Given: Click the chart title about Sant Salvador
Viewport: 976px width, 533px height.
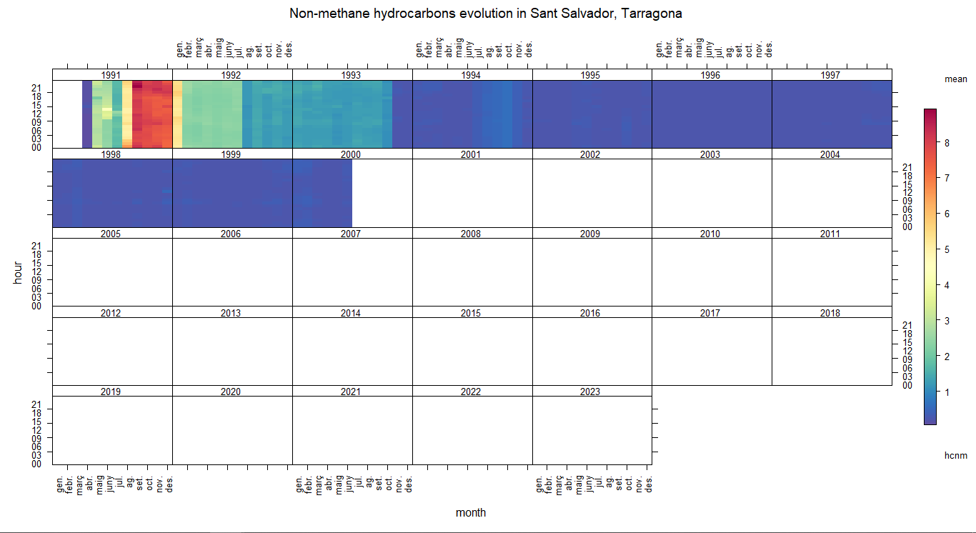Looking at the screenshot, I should (485, 14).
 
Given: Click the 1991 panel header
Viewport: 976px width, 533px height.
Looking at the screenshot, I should (111, 75).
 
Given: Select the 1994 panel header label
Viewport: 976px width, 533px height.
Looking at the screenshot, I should (471, 75).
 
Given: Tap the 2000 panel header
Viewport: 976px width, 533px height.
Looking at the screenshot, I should (351, 154).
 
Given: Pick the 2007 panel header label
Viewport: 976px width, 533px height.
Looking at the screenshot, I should (351, 234).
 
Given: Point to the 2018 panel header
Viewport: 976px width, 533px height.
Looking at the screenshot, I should (830, 313).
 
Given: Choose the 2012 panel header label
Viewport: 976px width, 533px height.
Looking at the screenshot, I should (111, 313).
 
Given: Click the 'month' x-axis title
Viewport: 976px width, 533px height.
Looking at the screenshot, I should (471, 512).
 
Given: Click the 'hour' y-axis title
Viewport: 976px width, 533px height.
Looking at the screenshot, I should (19, 272).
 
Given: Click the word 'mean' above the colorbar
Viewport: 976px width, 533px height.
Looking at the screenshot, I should (955, 79).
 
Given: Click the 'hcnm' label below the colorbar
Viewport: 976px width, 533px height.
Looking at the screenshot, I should (955, 455).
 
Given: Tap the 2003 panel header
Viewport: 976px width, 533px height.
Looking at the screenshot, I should (710, 154).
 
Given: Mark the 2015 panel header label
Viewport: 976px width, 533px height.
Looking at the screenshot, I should (471, 313).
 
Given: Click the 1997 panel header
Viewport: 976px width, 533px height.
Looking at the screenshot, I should (830, 75).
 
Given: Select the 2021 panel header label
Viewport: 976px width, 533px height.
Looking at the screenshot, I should (351, 392).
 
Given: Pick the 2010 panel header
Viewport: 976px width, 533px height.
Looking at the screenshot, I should (710, 234).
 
